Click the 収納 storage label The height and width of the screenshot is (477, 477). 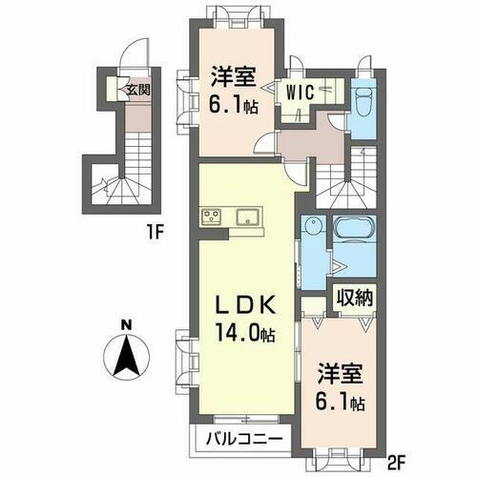pyautogui.click(x=353, y=298)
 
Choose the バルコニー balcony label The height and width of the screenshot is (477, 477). pyautogui.click(x=243, y=440)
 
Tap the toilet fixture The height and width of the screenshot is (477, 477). pyautogui.click(x=363, y=97)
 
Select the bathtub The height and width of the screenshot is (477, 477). pyautogui.click(x=356, y=233)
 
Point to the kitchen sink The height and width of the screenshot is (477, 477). pyautogui.click(x=246, y=215)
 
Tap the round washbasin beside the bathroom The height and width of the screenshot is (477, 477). pyautogui.click(x=314, y=228)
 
